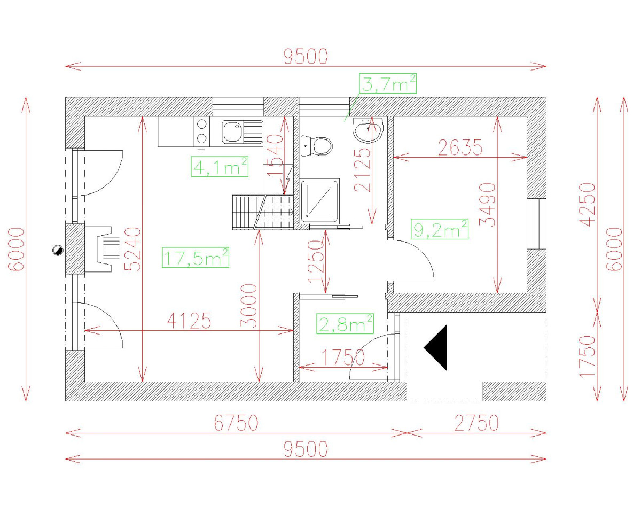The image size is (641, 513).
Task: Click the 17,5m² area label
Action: coord(196,258)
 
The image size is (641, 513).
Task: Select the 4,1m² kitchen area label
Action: coord(220,167)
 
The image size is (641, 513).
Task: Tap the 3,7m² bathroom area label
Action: coord(388,84)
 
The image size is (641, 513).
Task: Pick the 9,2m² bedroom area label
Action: coord(440,230)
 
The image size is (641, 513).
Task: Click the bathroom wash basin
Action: coord(368,129)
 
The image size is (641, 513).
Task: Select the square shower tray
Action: coord(319,200)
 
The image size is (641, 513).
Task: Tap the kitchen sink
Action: coord(243,132)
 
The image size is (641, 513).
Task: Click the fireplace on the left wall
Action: coord(101,249)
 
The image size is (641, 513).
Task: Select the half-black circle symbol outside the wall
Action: coord(57,250)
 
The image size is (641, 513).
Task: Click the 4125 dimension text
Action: coord(189,321)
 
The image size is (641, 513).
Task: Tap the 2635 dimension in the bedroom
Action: coord(460,147)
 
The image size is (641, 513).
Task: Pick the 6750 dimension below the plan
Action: coord(236,423)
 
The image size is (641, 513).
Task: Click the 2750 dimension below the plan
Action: coord(476,423)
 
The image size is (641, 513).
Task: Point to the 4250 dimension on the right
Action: coord(588,205)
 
